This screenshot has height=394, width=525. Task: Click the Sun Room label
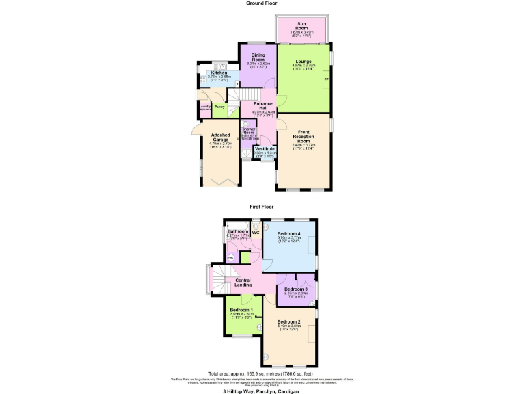tap(301, 26)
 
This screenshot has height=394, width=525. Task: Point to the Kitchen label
tap(219, 72)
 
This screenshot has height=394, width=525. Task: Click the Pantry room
tap(219, 107)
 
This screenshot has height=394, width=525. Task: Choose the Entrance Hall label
tap(262, 105)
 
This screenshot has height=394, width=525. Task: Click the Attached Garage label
tap(220, 137)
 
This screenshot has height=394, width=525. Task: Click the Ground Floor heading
tap(262, 3)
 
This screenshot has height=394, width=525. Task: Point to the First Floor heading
tap(261, 206)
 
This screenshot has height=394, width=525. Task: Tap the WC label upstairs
tap(256, 233)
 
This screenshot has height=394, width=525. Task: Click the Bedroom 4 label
tap(288, 234)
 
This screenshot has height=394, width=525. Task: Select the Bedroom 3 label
tap(296, 289)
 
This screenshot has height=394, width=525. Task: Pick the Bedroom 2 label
tap(289, 321)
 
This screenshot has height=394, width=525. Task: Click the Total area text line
tap(262, 374)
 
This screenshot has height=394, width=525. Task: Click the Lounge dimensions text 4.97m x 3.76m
tap(303, 66)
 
